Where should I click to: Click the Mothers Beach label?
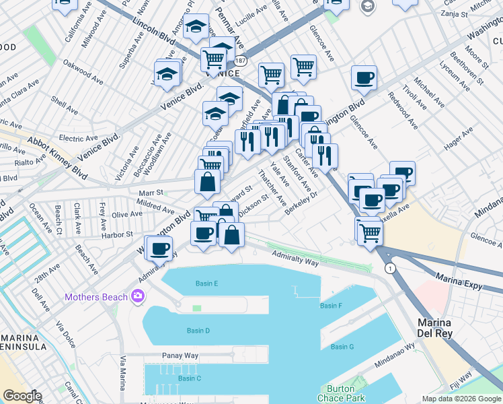pyautogui.click(x=96, y=297)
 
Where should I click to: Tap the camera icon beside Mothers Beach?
pyautogui.click(x=139, y=296)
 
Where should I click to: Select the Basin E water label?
pyautogui.click(x=207, y=283)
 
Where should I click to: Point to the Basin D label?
pyautogui.click(x=198, y=331)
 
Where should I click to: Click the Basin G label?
pyautogui.click(x=342, y=347)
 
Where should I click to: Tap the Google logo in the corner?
pyautogui.click(x=22, y=396)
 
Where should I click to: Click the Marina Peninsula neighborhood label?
pyautogui.click(x=24, y=341)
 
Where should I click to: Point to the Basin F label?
pyautogui.click(x=332, y=306)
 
